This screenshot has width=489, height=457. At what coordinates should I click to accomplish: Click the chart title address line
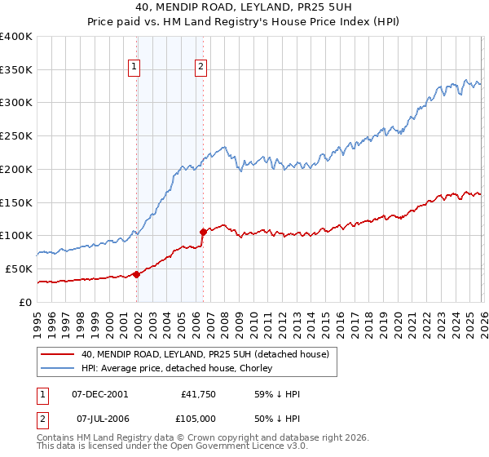pyautogui.click(x=244, y=7)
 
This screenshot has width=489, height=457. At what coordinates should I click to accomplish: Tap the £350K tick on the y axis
pyautogui.click(x=16, y=70)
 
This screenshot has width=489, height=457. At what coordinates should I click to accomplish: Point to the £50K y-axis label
pyautogui.click(x=19, y=268)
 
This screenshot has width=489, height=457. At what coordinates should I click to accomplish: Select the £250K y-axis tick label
pyautogui.click(x=16, y=136)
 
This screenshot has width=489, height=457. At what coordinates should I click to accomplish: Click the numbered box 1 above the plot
pyautogui.click(x=134, y=68)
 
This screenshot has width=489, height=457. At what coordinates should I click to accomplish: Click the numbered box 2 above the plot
pyautogui.click(x=200, y=68)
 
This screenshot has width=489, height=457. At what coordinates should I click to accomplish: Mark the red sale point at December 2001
pyautogui.click(x=136, y=274)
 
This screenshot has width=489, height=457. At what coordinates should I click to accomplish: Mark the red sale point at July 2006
pyautogui.click(x=202, y=233)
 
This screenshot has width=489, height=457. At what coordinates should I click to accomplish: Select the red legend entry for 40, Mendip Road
pyautogui.click(x=204, y=354)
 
